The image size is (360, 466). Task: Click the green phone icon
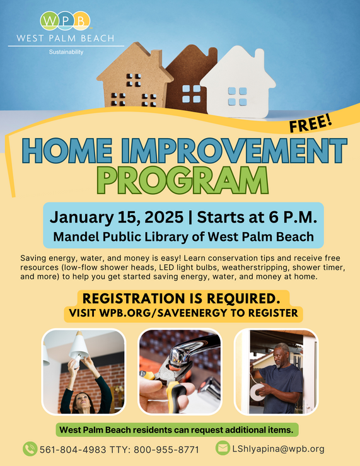point(30,449)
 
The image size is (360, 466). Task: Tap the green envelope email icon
point(222,448)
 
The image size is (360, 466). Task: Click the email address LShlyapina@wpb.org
point(279,449)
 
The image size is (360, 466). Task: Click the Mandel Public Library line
point(183,237)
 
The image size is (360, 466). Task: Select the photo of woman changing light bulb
point(84,371)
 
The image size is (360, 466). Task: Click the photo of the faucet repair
point(180,371)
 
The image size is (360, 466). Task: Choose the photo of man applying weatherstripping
point(276,371)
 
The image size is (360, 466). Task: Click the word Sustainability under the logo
point(66,52)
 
